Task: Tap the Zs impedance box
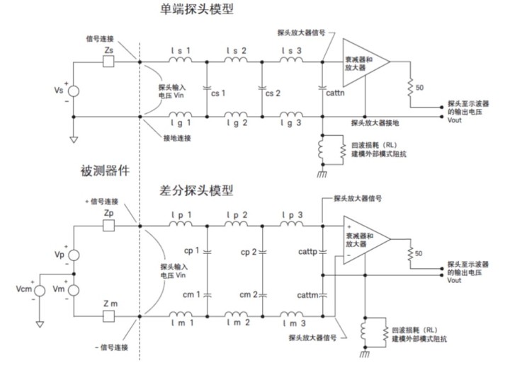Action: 109,62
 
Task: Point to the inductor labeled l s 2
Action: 234,62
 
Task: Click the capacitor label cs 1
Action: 217,93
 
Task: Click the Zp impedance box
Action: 109,226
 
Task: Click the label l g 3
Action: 292,122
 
